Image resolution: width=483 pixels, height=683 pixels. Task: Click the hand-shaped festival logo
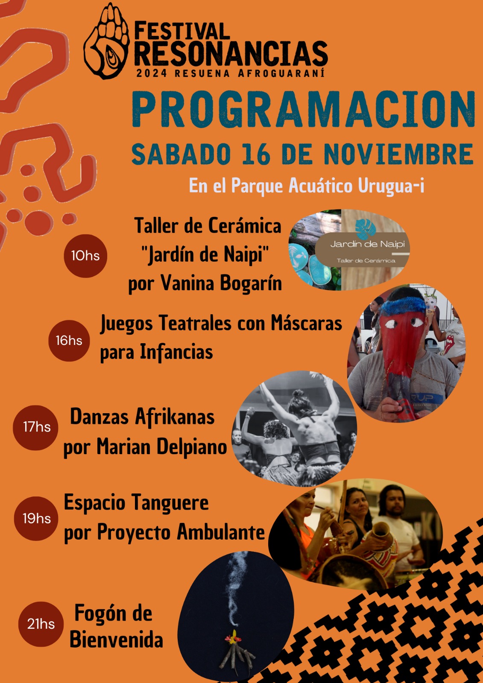point(106,41)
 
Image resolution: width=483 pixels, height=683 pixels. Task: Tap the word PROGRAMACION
point(304,109)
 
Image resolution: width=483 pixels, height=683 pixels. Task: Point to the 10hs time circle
point(85,256)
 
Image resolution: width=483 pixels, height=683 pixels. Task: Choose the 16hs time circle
point(69,341)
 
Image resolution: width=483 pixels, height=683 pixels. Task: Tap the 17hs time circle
point(35,427)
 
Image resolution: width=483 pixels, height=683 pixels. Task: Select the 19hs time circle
point(36,519)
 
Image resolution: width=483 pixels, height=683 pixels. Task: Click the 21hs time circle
point(41,624)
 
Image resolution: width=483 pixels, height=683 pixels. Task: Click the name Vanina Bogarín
point(221,283)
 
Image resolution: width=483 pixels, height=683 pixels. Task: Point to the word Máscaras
point(306,324)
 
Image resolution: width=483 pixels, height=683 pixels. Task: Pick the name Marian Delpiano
point(162,447)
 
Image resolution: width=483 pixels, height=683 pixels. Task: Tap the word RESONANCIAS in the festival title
point(231,54)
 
